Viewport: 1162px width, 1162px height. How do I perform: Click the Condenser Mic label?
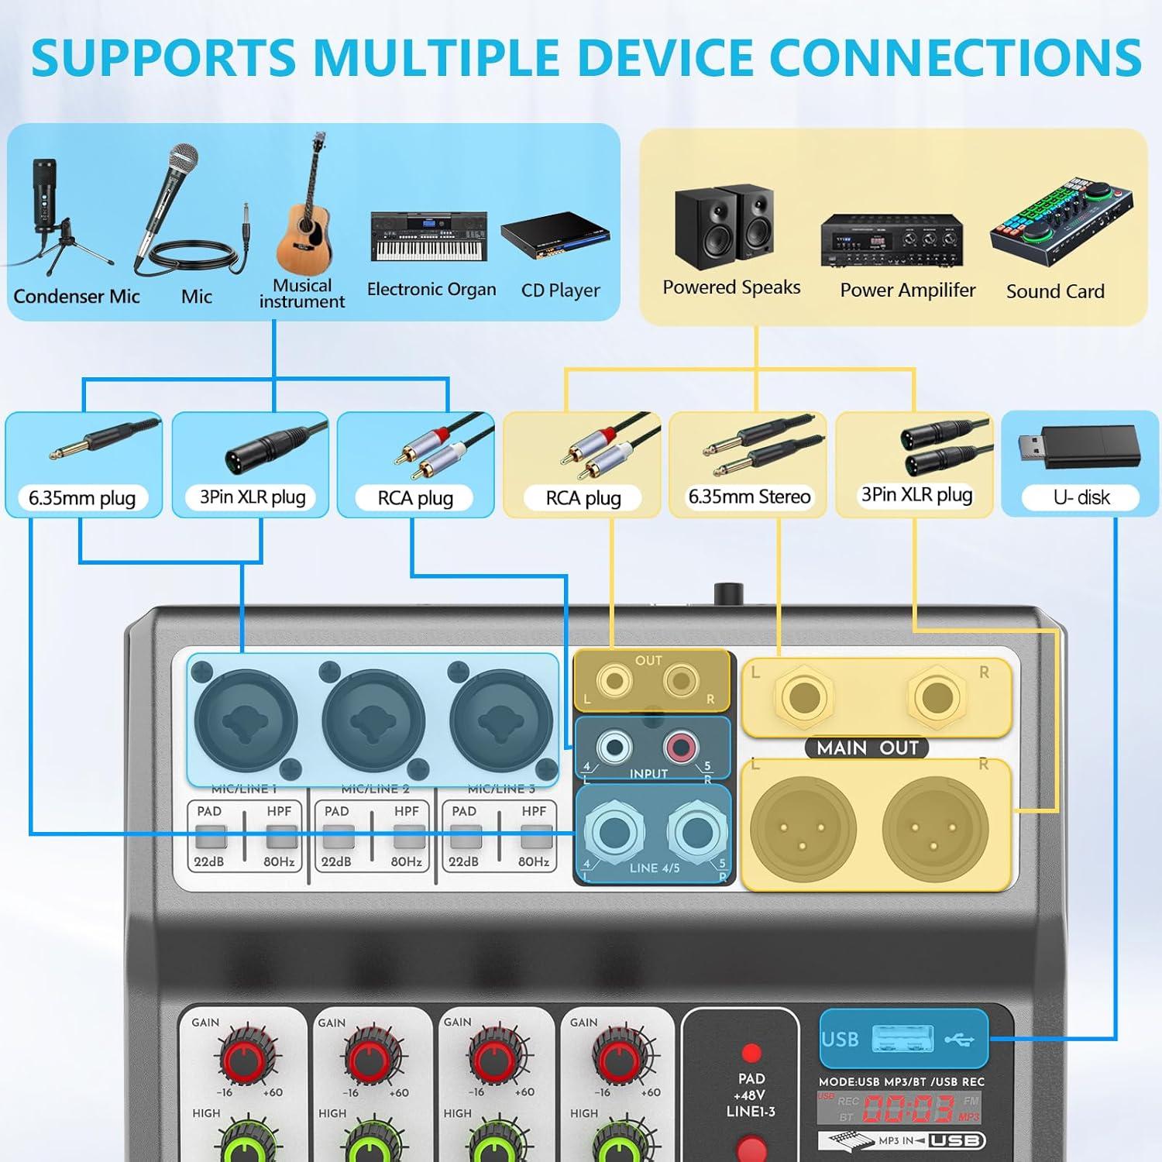pos(77,296)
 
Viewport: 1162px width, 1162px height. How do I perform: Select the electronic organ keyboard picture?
pos(429,237)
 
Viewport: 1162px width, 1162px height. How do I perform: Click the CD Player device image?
pos(555,235)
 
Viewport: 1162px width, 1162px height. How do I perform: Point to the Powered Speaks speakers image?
pos(724,226)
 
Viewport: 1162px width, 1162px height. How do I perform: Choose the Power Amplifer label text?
pos(907,290)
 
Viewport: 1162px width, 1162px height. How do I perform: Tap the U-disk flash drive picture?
pos(1079,447)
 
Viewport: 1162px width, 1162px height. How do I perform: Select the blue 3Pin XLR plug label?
pos(253,497)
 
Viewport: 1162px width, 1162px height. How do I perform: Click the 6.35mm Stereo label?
pos(749,497)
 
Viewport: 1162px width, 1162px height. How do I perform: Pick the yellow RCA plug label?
pos(583,498)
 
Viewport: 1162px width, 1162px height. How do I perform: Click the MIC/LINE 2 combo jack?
pos(373,721)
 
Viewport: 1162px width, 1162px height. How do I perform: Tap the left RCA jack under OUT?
pos(615,682)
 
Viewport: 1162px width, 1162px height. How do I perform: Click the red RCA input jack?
pos(680,747)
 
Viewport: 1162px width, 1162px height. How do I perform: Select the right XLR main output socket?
pos(935,827)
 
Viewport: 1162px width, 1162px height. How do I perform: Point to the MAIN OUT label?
pos(867,748)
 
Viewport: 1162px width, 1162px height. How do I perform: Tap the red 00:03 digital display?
pos(907,1109)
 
